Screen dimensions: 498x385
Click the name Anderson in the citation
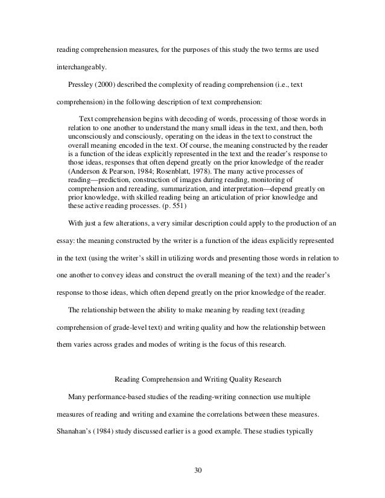87,171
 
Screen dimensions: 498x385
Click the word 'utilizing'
179,258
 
